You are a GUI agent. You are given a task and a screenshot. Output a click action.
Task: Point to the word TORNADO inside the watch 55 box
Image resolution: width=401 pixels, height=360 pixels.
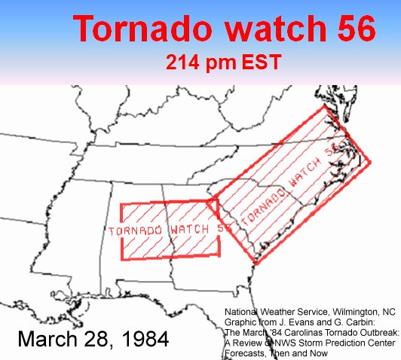coord(136,229)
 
